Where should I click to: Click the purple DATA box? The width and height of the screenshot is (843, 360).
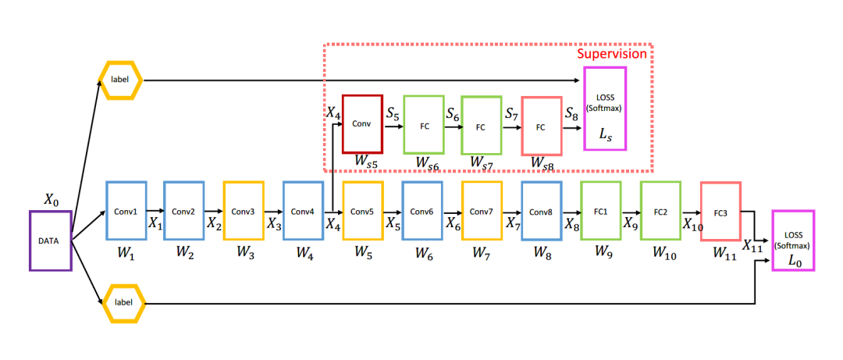click(x=51, y=241)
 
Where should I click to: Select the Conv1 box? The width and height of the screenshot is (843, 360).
click(x=126, y=210)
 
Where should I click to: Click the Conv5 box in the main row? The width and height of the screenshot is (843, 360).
click(x=363, y=210)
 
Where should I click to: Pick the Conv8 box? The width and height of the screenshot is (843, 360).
click(x=541, y=210)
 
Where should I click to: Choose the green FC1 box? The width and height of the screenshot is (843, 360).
click(x=600, y=210)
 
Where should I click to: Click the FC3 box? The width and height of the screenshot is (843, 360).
click(x=720, y=210)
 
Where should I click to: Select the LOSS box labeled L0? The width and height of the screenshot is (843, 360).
click(x=792, y=240)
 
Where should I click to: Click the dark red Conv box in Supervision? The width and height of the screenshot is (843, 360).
click(x=362, y=123)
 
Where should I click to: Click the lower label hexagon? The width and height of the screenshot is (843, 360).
click(x=119, y=302)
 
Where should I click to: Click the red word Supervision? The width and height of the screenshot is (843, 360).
click(x=611, y=54)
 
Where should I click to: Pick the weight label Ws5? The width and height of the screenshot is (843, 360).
click(x=365, y=161)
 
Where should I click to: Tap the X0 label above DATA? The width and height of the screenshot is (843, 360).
click(x=51, y=200)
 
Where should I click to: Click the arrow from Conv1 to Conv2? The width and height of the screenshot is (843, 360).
click(x=155, y=210)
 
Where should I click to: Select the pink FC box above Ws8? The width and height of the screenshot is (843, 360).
click(x=541, y=125)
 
